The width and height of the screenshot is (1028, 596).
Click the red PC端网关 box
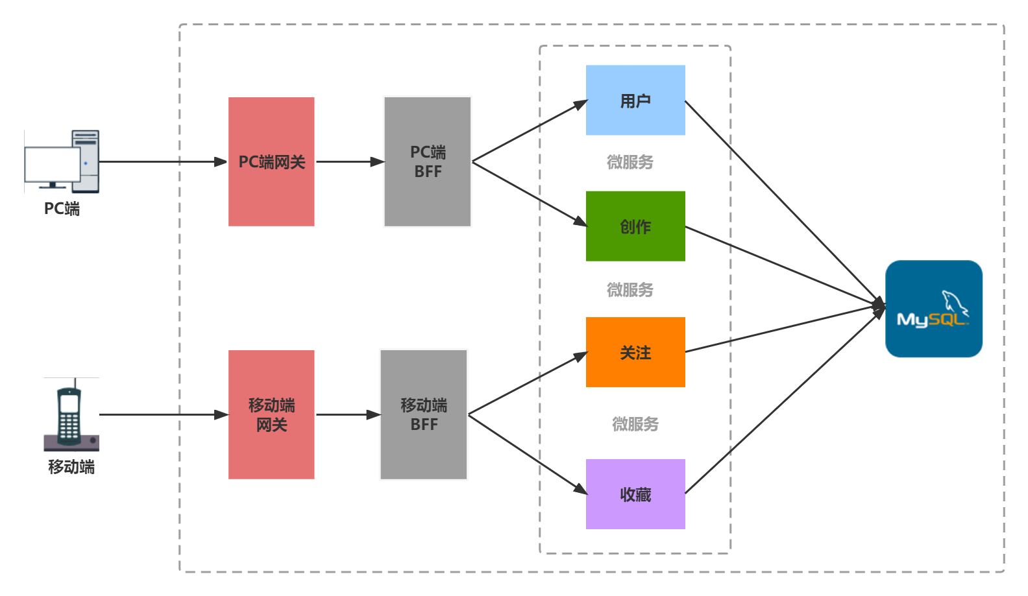[x=271, y=161]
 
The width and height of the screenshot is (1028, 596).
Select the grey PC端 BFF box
[x=427, y=161]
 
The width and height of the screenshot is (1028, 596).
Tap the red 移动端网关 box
[x=271, y=414]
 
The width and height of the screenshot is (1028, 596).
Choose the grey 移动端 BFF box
[x=424, y=414]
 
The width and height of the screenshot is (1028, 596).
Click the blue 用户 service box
[x=635, y=100]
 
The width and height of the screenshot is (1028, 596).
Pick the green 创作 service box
[x=635, y=226]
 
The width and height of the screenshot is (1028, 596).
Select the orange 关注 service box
[x=635, y=352]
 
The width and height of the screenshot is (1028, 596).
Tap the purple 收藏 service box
[x=635, y=494]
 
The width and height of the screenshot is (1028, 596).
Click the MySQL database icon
[x=933, y=309]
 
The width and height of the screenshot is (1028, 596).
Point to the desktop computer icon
[x=62, y=161]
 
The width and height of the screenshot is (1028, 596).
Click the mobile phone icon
[x=71, y=414]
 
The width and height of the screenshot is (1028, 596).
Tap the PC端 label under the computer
[x=62, y=209]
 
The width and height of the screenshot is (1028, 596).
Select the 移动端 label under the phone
[x=71, y=467]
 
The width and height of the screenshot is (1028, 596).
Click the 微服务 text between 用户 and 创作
[x=630, y=162]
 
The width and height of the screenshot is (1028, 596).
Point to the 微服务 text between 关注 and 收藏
[x=635, y=423]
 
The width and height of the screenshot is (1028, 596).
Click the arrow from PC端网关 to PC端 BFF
[x=350, y=161]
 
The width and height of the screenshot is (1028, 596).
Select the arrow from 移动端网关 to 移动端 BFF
[x=349, y=414]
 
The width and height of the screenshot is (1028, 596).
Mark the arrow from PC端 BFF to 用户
[x=530, y=130]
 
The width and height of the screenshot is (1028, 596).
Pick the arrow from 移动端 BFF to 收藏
[x=528, y=455]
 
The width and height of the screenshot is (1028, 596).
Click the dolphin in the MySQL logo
[x=955, y=303]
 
